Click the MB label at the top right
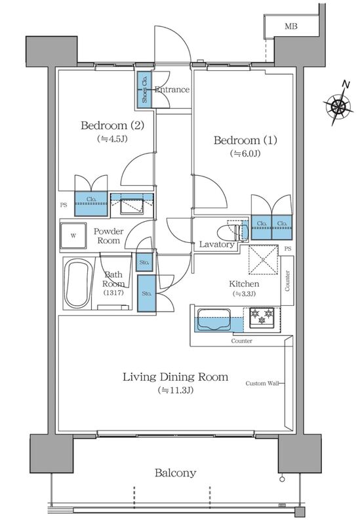[290, 26]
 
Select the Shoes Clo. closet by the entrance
[145, 90]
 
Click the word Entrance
[172, 90]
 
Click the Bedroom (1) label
[237, 140]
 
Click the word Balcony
[175, 472]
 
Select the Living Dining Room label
[176, 377]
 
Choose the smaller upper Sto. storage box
[144, 262]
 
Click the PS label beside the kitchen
[287, 249]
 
